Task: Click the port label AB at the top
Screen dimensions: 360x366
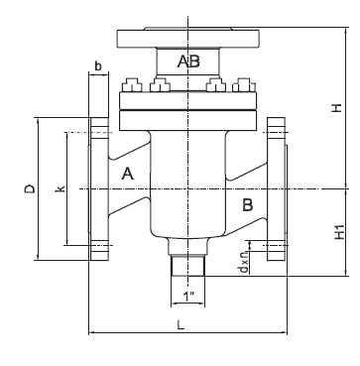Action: click(x=188, y=61)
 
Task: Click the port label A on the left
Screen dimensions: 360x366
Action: click(x=128, y=174)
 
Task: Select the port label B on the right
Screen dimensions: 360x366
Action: click(x=248, y=205)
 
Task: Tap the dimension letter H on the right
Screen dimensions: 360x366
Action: click(x=336, y=108)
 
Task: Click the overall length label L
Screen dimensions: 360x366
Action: click(x=180, y=324)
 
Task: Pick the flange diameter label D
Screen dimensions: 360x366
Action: click(x=30, y=188)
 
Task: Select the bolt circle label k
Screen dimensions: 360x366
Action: click(x=60, y=188)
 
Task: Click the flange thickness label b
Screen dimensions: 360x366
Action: click(x=98, y=66)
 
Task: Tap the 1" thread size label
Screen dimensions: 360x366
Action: click(x=188, y=297)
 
